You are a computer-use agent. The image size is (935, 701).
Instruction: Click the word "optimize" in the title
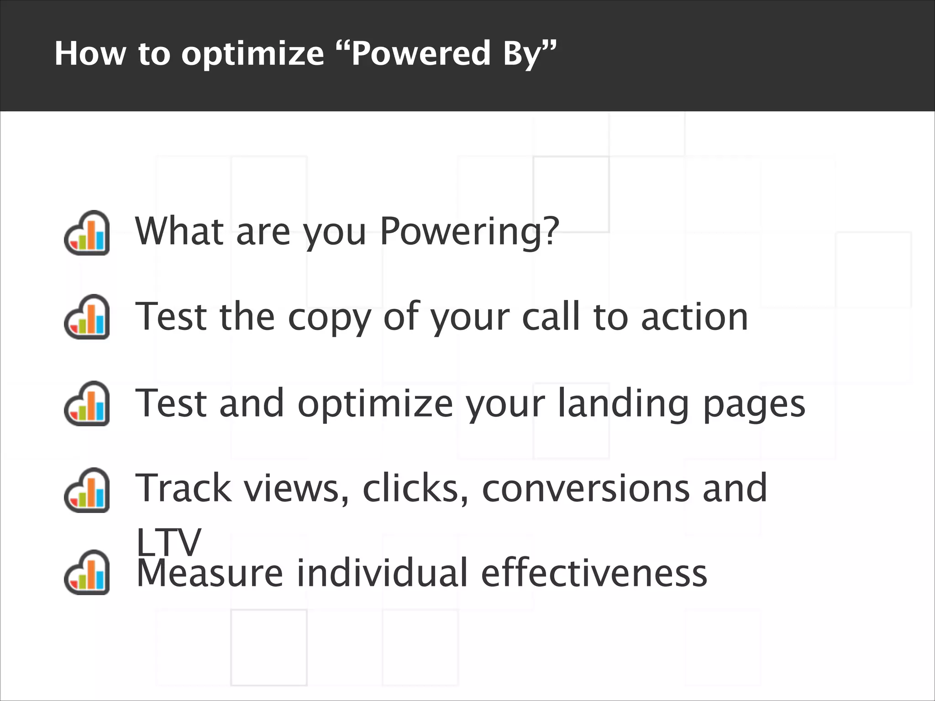pos(252,54)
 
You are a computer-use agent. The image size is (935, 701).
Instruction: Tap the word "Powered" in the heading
pos(421,53)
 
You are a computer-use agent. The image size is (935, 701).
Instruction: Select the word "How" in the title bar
pos(90,53)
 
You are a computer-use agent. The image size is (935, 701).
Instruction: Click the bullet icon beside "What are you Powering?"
pos(87,233)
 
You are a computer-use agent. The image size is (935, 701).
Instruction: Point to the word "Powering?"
pos(469,232)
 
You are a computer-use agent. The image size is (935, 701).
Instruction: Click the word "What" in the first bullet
pos(179,231)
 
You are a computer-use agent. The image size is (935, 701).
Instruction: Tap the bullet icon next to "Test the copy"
pos(87,317)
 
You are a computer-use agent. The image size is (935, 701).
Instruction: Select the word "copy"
pos(329,318)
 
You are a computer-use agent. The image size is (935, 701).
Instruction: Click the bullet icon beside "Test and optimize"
pos(87,403)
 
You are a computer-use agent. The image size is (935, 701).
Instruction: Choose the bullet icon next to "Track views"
pos(87,490)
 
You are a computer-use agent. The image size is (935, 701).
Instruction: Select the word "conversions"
pos(586,489)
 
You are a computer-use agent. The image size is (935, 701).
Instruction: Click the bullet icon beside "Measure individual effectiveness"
pos(87,572)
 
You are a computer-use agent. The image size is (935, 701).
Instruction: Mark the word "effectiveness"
pos(594,573)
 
